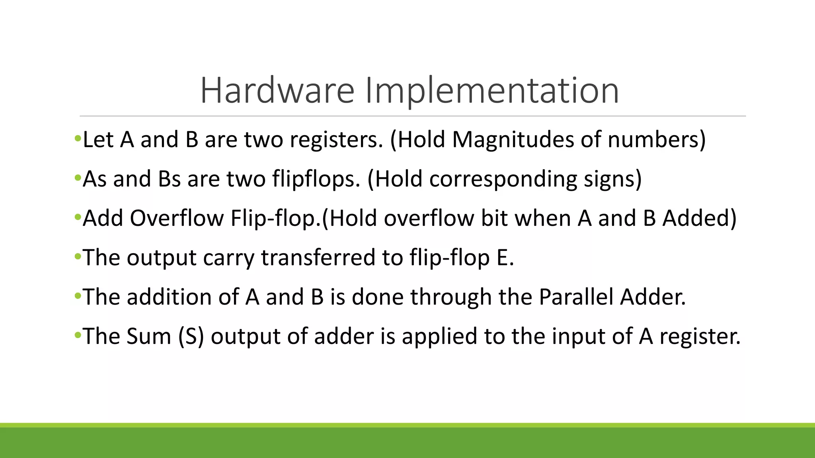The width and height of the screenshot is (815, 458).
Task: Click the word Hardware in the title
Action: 277,91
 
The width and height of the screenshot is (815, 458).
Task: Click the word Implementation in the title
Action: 491,91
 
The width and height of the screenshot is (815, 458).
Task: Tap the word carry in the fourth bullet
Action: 228,258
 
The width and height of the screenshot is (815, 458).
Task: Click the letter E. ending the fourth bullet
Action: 505,258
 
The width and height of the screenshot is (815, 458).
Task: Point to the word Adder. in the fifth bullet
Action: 653,297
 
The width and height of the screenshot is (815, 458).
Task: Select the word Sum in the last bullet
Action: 148,336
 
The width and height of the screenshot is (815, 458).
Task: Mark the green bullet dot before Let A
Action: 78,139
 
